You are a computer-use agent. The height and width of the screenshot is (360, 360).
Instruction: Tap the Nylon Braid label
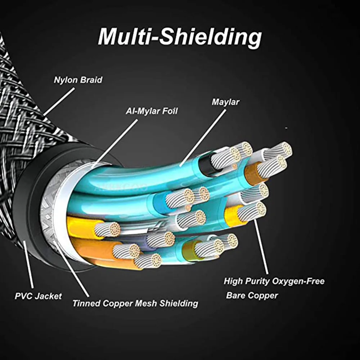coord(78,80)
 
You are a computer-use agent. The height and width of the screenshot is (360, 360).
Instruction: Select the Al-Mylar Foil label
coord(152,111)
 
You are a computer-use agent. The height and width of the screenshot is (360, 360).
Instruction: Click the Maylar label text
coord(225,102)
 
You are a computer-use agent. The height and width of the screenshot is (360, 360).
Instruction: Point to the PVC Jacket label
coord(39,296)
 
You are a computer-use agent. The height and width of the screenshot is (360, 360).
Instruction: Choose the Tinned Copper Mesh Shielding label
coord(135,303)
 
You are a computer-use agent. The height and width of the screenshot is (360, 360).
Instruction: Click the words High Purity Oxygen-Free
coord(274,281)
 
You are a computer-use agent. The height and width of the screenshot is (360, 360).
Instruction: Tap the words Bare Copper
coord(252,296)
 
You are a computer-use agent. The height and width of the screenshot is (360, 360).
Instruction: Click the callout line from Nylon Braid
coord(59,102)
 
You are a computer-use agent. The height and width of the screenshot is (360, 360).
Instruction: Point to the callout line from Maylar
coord(203,138)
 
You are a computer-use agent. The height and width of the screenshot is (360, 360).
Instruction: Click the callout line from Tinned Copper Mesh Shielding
coord(72,269)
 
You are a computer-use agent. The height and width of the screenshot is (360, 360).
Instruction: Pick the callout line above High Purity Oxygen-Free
coord(261,247)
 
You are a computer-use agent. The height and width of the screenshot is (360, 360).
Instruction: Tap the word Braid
coord(91,80)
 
